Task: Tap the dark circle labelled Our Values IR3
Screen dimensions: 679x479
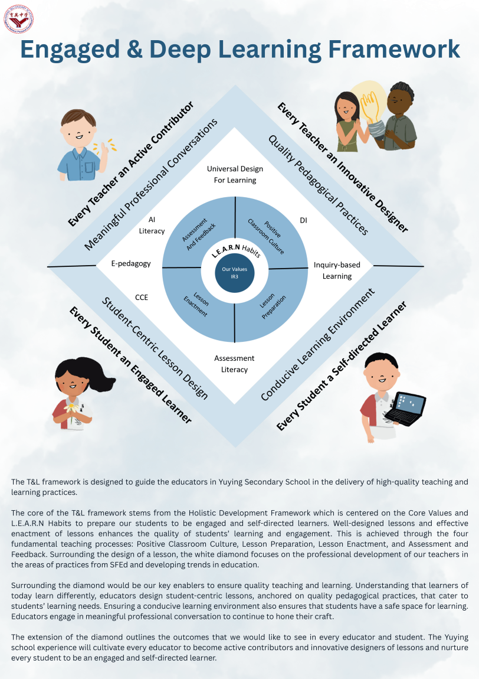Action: point(234,273)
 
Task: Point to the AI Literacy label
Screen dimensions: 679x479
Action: point(152,225)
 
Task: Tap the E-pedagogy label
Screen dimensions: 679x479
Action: point(131,264)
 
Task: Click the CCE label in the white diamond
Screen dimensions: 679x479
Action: point(142,298)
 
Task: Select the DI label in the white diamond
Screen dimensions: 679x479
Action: point(303,220)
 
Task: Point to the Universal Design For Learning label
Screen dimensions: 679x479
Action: point(235,174)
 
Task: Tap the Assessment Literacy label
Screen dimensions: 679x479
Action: point(234,364)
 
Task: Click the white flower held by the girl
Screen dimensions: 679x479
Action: point(72,407)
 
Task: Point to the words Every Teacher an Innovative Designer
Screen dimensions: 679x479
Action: point(343,167)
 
